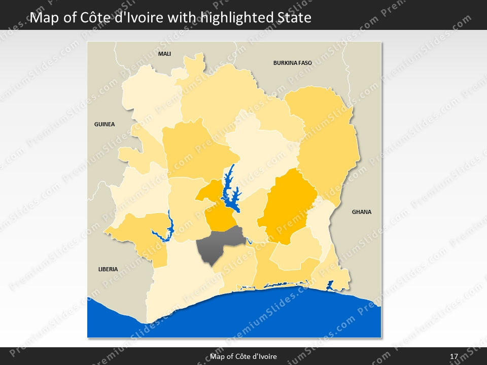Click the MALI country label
[164, 53]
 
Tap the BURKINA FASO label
[292, 63]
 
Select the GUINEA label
[105, 124]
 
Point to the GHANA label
[362, 212]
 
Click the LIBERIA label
[108, 269]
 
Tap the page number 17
[454, 356]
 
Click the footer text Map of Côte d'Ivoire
[243, 356]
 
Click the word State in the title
[295, 18]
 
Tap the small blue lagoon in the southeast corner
[329, 285]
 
